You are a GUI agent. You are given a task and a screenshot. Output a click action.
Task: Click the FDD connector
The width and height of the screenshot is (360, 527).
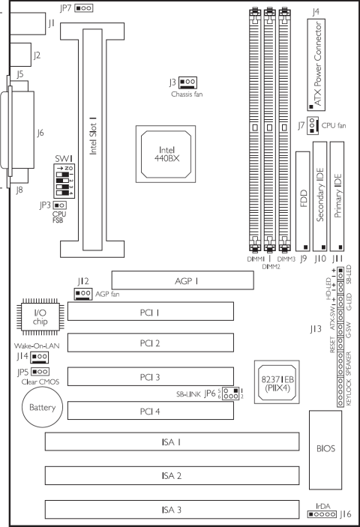303,202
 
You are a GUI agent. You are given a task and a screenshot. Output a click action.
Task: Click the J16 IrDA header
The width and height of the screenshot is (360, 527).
321,515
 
